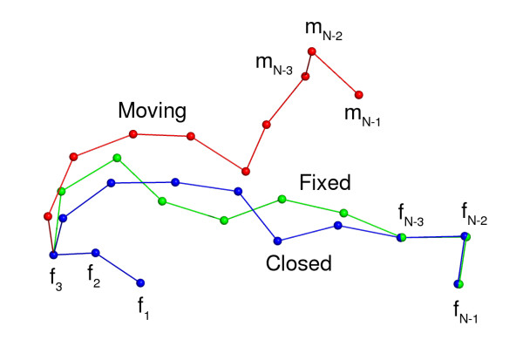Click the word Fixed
point(324,183)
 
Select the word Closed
point(299,263)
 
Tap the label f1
point(143,307)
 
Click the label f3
point(54,281)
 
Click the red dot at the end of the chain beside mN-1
point(359,94)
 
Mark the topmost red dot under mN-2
point(311,51)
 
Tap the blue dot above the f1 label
point(140,282)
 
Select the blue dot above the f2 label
point(96,253)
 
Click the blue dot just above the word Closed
point(277,241)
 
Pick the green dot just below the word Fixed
point(282,199)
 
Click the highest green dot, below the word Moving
point(117,159)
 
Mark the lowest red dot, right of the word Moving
point(246,171)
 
